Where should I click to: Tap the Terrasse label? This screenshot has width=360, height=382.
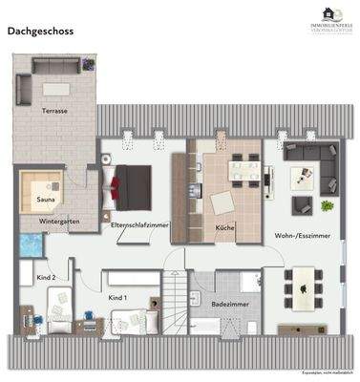pyautogui.click(x=53, y=112)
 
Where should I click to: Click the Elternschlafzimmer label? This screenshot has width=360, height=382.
pyautogui.click(x=139, y=225)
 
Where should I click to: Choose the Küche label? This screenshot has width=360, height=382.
pyautogui.click(x=225, y=227)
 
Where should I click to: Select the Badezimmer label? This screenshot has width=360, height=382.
pyautogui.click(x=226, y=304)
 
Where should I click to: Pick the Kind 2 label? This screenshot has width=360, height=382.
pyautogui.click(x=47, y=277)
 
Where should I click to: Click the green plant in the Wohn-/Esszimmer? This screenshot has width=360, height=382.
pyautogui.click(x=328, y=205)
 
